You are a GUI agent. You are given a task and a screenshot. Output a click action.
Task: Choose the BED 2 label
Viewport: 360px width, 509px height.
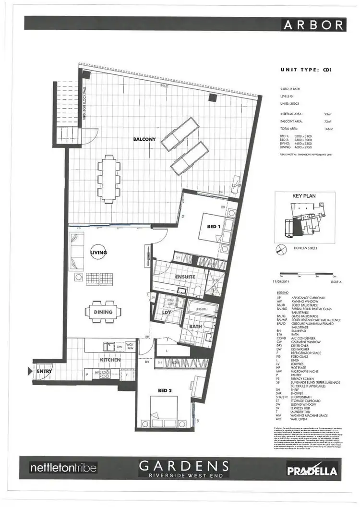pyautogui.click(x=164, y=390)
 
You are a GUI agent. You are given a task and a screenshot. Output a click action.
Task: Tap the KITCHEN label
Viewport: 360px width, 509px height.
pyautogui.click(x=110, y=360)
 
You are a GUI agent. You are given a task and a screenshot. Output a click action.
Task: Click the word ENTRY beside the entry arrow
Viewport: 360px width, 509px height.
pyautogui.click(x=44, y=370)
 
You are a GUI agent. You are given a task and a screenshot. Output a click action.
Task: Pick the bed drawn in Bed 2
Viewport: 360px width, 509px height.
pyautogui.click(x=163, y=410)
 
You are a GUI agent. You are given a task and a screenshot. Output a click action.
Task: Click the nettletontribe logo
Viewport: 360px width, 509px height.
pyautogui.click(x=63, y=467)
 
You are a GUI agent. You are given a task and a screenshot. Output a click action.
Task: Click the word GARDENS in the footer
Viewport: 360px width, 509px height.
pyautogui.click(x=183, y=465)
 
